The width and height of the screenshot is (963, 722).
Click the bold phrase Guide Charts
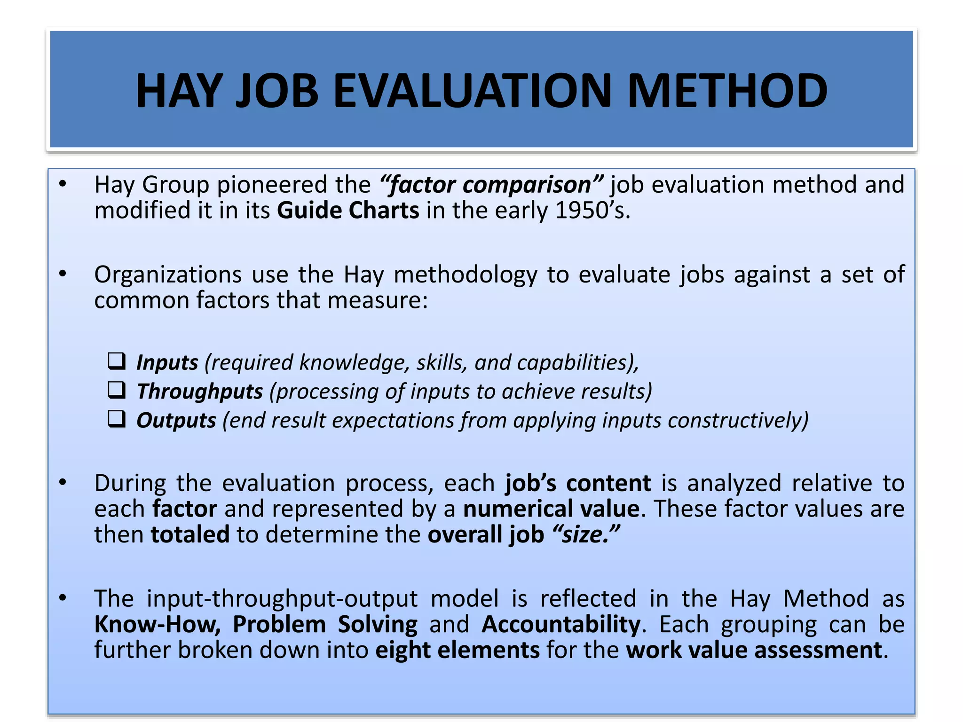[x=348, y=210]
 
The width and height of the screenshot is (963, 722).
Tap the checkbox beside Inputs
[x=117, y=361]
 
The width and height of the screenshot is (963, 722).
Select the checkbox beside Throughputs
[x=117, y=390]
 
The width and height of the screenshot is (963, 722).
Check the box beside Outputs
[x=117, y=419]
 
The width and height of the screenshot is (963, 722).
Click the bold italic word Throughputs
[x=199, y=392]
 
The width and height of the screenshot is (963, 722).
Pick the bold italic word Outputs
[x=176, y=420]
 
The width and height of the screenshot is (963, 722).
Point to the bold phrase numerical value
[x=551, y=509]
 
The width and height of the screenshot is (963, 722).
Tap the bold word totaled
[x=190, y=534]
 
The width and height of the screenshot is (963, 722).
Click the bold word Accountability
[x=560, y=625]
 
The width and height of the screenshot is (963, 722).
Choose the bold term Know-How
[x=157, y=625]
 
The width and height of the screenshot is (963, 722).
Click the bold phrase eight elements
[x=457, y=651]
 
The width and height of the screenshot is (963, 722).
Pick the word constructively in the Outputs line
[x=737, y=420]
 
